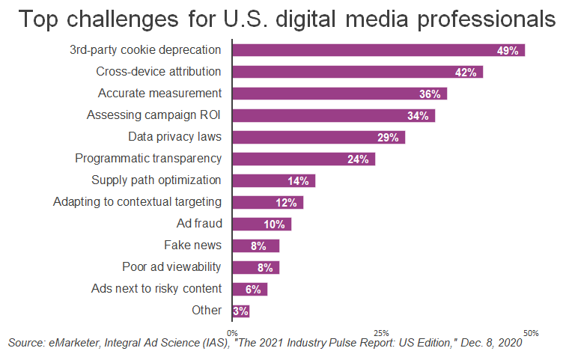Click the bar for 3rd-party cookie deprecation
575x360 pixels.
point(378,50)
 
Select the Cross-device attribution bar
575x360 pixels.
point(357,72)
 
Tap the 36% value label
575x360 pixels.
point(429,94)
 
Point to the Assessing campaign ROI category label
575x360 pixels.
point(154,115)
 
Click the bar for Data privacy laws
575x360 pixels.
point(318,137)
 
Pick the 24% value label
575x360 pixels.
point(357,159)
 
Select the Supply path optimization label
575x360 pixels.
point(156,180)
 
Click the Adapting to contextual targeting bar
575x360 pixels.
point(267,202)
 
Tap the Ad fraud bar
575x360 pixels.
point(261,224)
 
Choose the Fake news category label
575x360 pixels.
point(192,245)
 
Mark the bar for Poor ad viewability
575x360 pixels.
point(255,267)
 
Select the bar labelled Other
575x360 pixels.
point(240,311)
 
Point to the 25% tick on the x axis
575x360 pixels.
point(381,333)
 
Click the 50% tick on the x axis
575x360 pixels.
point(531,333)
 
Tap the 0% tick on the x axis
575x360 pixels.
point(232,333)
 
